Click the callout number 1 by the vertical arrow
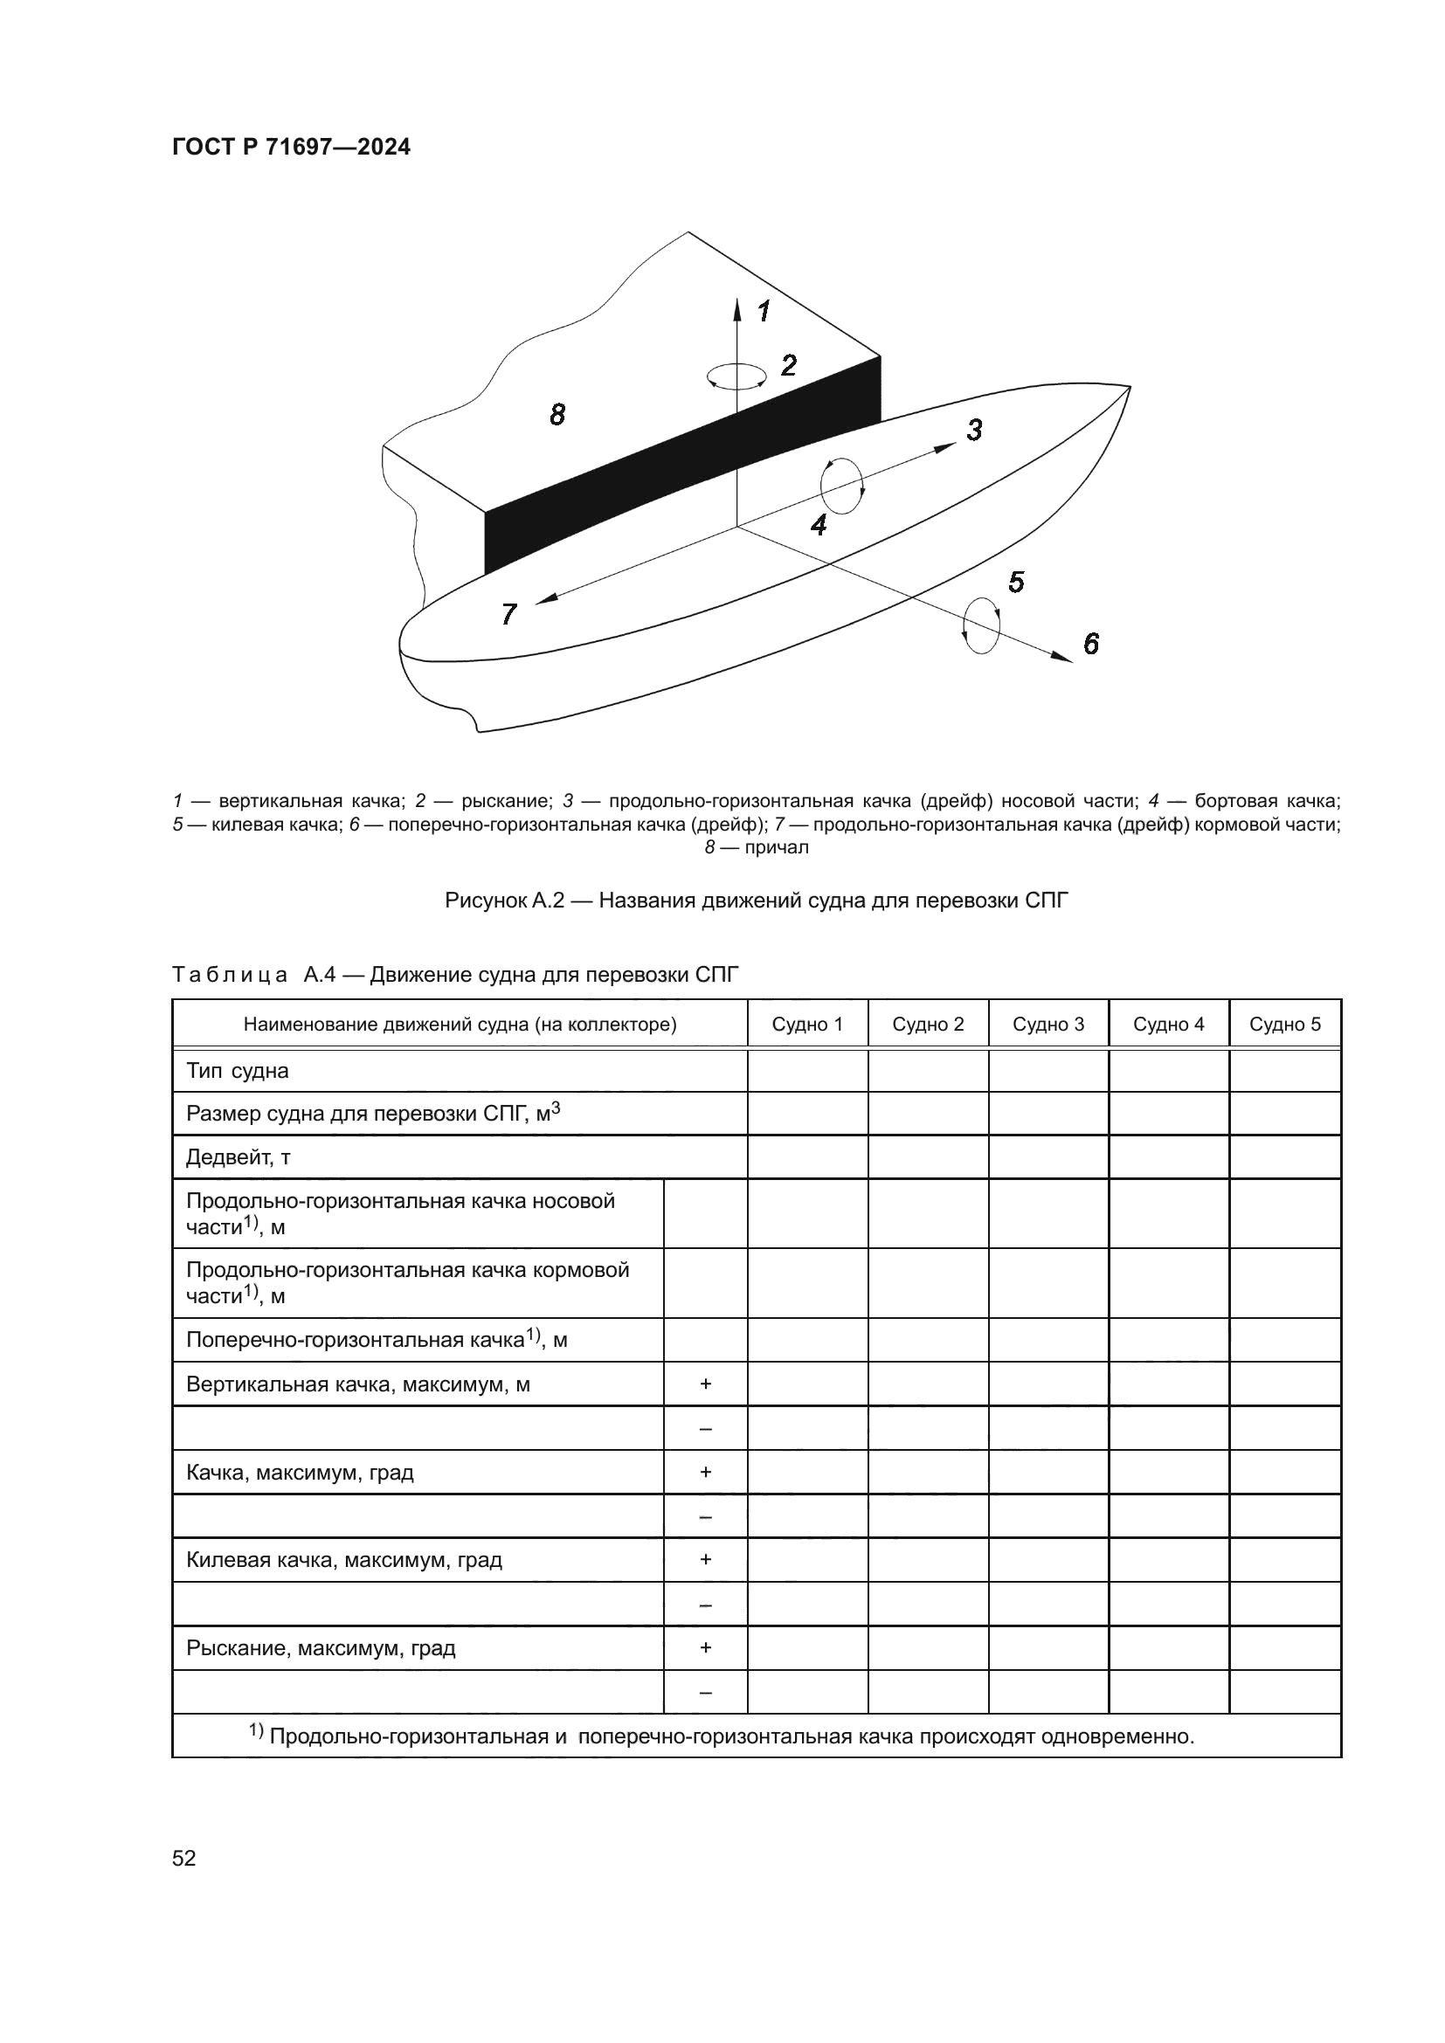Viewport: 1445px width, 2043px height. point(764,312)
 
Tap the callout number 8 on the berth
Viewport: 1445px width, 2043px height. point(557,415)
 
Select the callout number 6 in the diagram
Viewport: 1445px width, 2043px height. point(1091,644)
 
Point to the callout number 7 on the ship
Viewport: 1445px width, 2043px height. point(509,614)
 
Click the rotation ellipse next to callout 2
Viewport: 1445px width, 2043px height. point(736,376)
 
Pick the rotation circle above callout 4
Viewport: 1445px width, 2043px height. point(841,486)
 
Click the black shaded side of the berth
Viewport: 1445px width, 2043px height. point(676,463)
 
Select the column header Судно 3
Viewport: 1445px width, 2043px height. point(1048,1025)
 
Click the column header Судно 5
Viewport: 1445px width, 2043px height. point(1285,1025)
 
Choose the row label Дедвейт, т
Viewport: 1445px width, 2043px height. point(239,1157)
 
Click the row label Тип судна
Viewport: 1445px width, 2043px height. point(238,1071)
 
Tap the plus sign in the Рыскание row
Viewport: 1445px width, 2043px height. point(706,1648)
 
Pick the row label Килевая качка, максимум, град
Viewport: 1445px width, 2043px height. point(343,1560)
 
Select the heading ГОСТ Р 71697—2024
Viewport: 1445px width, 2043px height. point(291,147)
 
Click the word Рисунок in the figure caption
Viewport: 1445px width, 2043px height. point(485,901)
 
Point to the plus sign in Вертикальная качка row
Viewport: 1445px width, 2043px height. point(706,1384)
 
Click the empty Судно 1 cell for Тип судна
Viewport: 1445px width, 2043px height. point(807,1071)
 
